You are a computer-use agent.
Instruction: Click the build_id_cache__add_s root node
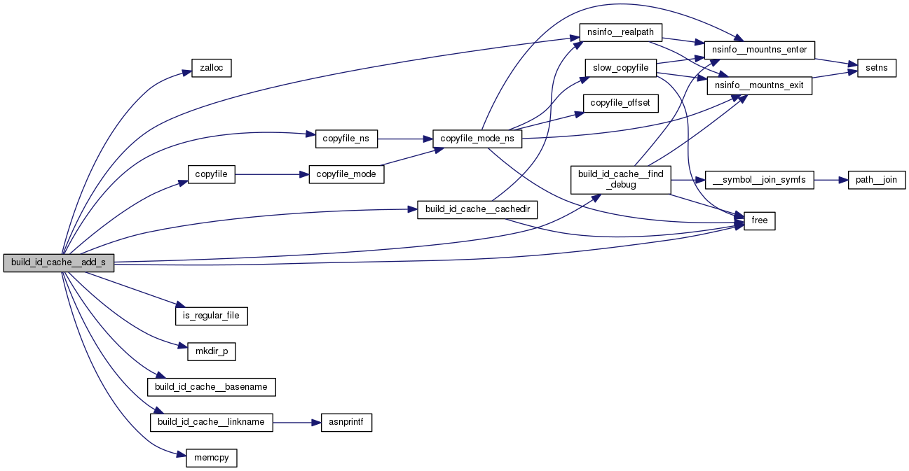[x=58, y=263]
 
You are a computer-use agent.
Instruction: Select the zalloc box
[x=211, y=69]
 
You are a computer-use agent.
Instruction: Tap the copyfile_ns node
[x=346, y=139]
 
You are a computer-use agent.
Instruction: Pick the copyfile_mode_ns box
[x=477, y=139]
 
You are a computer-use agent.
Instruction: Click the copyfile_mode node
[x=346, y=174]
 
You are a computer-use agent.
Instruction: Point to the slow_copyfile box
[x=620, y=68]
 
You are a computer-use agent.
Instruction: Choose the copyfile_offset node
[x=620, y=103]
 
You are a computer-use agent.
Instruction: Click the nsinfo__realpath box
[x=620, y=32]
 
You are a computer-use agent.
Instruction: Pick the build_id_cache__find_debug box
[x=621, y=180]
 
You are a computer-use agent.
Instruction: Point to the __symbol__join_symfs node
[x=760, y=180]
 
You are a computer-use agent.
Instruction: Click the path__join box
[x=877, y=180]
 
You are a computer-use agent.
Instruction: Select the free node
[x=759, y=220]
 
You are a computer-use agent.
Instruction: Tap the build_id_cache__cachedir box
[x=477, y=210]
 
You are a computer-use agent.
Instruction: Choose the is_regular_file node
[x=212, y=316]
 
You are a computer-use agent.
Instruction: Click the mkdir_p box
[x=211, y=351]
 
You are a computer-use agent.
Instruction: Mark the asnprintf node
[x=346, y=423]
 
